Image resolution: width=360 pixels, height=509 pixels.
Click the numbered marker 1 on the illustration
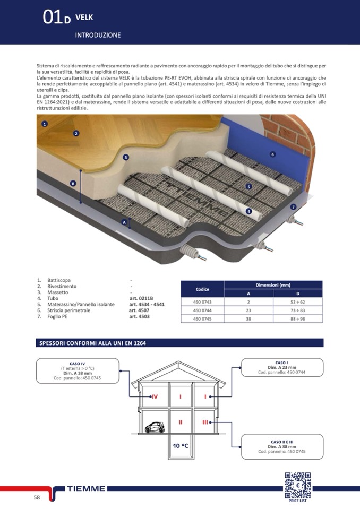pos(45,124)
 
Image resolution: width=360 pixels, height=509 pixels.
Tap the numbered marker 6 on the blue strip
pos(272,154)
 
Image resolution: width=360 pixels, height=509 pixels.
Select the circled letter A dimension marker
pos(124,222)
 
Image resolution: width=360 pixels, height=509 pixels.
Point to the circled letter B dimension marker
pos(73,183)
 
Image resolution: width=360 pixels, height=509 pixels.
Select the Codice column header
pos(202,289)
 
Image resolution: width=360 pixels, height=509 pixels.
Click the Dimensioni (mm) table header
pos(273,285)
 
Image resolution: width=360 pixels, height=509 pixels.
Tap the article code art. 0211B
pos(141,298)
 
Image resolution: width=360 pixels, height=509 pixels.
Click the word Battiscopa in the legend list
pos(59,280)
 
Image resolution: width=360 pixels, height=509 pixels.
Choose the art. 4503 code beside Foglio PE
pos(140,317)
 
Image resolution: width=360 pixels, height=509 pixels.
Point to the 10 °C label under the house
pos(181,446)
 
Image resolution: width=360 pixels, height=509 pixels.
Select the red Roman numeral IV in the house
pos(155,396)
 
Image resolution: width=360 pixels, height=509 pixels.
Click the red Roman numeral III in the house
pos(205,422)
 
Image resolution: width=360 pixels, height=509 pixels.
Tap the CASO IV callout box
pos(77,371)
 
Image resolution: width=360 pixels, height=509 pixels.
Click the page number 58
pos(37,497)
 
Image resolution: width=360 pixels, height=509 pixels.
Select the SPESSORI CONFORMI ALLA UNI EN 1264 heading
pos(93,343)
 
